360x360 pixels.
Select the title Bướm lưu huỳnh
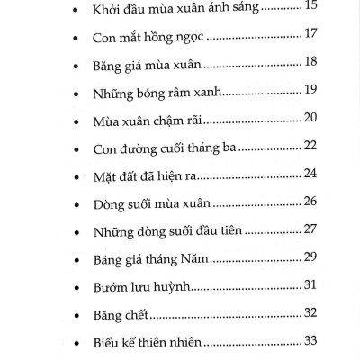click(x=130, y=285)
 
